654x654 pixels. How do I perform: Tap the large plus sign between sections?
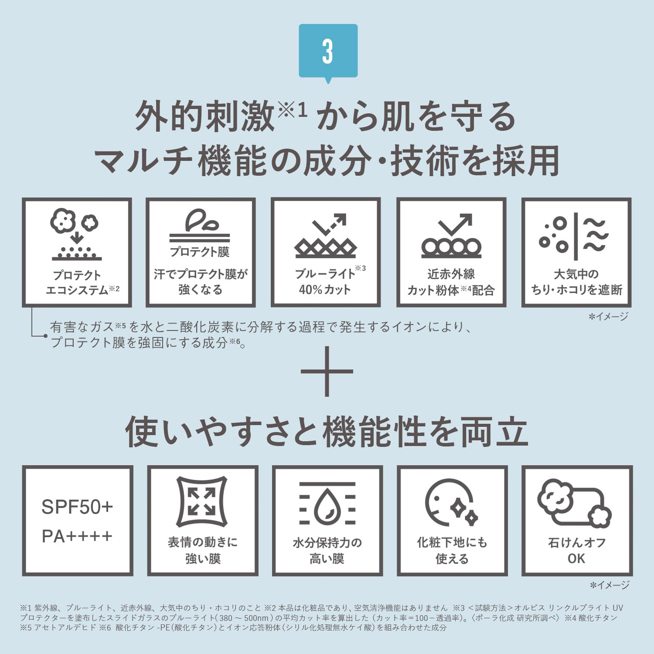click(x=327, y=371)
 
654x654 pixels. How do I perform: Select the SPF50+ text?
click(x=77, y=507)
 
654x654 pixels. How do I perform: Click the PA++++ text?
click(x=77, y=536)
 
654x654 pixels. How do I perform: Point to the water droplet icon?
click(x=327, y=504)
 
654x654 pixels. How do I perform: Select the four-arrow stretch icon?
click(x=201, y=501)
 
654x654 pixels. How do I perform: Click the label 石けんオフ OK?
click(x=576, y=550)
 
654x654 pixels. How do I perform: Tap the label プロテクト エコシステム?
click(x=82, y=283)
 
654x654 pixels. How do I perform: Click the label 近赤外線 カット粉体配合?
click(x=451, y=282)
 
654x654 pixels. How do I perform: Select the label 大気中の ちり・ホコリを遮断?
click(x=576, y=282)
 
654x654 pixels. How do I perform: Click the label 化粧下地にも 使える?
click(x=452, y=550)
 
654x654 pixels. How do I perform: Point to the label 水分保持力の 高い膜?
click(x=327, y=550)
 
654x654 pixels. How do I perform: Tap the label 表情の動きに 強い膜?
click(x=203, y=550)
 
